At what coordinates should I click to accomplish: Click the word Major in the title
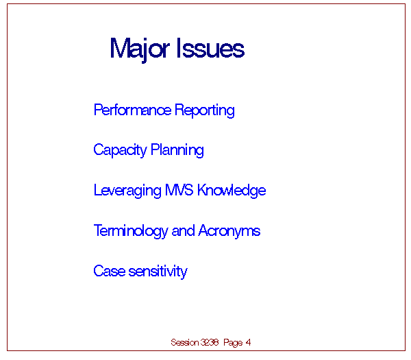[140, 50]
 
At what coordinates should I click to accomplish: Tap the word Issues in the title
[211, 48]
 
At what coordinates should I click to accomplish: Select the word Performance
[132, 110]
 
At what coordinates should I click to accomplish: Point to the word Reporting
[204, 110]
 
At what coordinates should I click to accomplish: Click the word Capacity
[120, 150]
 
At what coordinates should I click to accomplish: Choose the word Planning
[177, 150]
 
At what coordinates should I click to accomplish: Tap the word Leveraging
[127, 191]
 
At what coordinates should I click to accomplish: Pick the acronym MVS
[179, 190]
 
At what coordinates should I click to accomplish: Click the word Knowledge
[232, 191]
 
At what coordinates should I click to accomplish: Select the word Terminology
[131, 231]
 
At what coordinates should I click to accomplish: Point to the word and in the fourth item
[183, 230]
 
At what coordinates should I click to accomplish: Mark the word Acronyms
[229, 231]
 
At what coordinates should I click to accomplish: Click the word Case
[110, 271]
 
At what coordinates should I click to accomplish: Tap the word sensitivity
[158, 272]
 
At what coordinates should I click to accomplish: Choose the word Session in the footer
[185, 342]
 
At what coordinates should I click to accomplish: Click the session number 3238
[210, 342]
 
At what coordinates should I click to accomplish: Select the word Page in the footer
[233, 343]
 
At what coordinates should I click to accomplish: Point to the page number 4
[248, 342]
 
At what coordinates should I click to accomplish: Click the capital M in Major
[121, 48]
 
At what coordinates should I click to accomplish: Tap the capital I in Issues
[179, 48]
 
